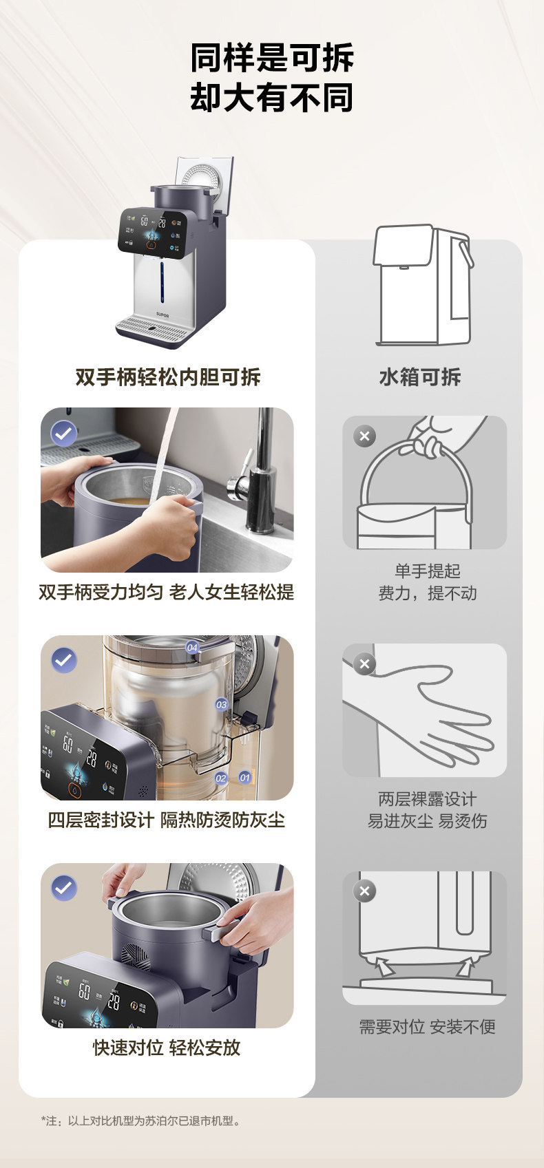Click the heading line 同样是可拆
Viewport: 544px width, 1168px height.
[x=272, y=57]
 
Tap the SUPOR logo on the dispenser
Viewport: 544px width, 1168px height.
[x=163, y=315]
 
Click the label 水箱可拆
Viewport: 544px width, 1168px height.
[x=420, y=377]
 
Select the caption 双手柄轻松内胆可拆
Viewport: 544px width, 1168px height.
[x=168, y=377]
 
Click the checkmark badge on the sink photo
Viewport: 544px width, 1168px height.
[x=63, y=433]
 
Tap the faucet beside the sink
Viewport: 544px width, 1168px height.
[x=255, y=474]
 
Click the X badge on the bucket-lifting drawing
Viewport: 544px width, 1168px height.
[x=364, y=436]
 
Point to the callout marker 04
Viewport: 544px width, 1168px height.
[x=192, y=647]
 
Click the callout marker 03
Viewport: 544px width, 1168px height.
[x=222, y=705]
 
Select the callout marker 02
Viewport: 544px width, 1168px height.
[x=220, y=778]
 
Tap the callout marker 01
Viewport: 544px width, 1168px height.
[x=244, y=778]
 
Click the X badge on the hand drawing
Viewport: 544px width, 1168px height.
[x=364, y=663]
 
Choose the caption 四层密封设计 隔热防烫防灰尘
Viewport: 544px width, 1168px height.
[x=167, y=820]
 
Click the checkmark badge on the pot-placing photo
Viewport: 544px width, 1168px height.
[x=63, y=888]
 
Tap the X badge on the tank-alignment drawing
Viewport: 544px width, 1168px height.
[x=364, y=891]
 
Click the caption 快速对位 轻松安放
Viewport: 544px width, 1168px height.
[x=167, y=1048]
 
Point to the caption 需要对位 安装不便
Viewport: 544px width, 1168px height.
[x=427, y=1027]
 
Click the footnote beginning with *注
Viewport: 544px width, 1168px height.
[x=141, y=1121]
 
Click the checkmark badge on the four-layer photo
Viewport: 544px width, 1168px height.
[x=63, y=660]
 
